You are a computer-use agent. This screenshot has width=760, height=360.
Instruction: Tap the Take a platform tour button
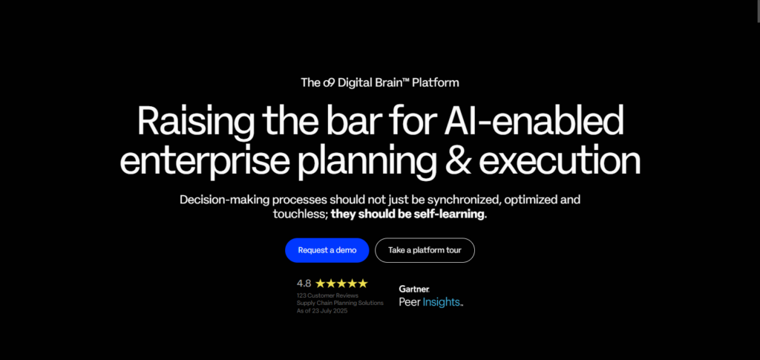425,250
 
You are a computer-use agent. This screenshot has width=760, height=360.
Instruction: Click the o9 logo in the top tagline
328,83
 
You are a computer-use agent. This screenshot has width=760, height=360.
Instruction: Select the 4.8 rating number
304,283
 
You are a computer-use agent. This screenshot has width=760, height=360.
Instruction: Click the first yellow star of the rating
321,283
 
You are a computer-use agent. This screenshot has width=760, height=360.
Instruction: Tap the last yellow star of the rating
362,283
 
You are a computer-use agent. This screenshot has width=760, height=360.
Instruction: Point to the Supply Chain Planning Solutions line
340,303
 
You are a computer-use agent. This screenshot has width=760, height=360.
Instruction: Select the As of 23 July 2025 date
322,310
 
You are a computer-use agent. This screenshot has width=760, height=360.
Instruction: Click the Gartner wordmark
414,289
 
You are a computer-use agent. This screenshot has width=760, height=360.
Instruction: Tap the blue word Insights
443,302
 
